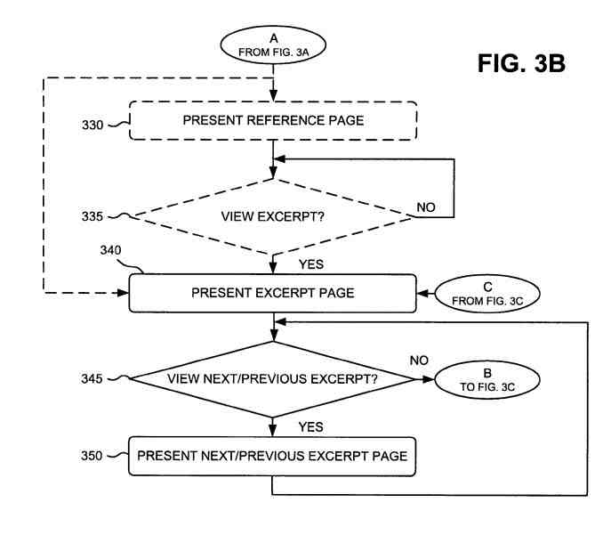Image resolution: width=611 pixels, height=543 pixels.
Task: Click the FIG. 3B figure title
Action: pyautogui.click(x=520, y=65)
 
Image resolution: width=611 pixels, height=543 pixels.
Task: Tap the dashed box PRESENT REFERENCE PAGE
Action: pyautogui.click(x=273, y=120)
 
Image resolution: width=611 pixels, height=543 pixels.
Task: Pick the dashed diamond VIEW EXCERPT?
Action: pyautogui.click(x=272, y=215)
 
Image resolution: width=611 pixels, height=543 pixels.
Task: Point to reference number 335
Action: pyautogui.click(x=92, y=215)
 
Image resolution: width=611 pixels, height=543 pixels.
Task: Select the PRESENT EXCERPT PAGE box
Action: pyautogui.click(x=272, y=293)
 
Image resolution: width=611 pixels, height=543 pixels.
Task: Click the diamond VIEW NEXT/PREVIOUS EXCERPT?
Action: pyautogui.click(x=272, y=378)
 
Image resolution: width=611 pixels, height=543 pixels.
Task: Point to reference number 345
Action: pyautogui.click(x=92, y=378)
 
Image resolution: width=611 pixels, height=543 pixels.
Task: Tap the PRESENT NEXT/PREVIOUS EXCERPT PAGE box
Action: pyautogui.click(x=272, y=456)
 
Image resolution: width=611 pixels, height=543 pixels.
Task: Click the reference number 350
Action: pyautogui.click(x=92, y=456)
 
